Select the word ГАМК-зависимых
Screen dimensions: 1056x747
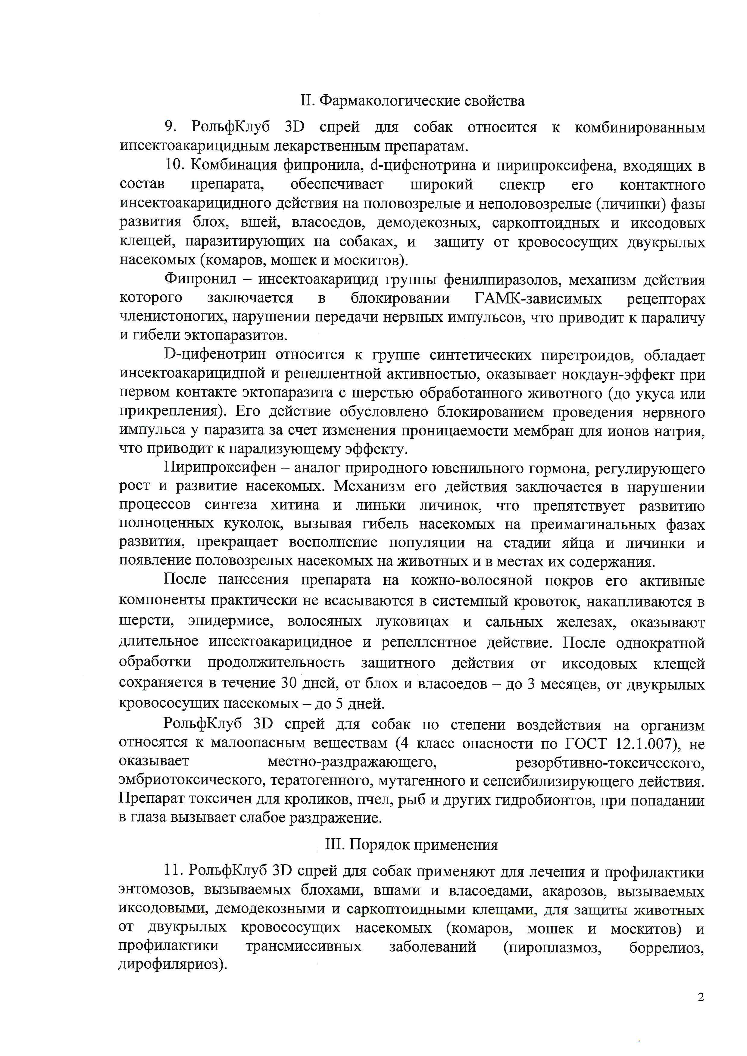coord(538,299)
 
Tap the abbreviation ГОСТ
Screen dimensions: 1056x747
coord(580,744)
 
